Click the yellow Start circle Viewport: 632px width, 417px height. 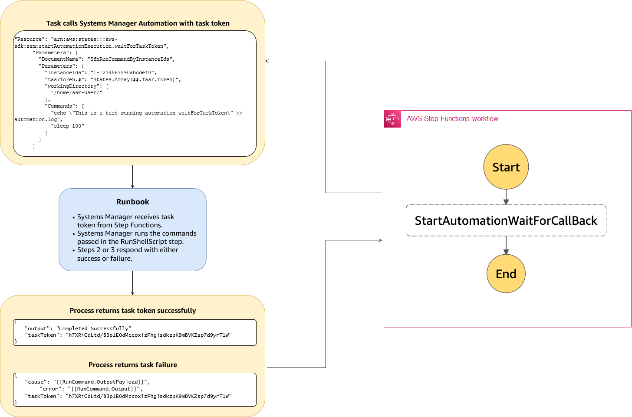pyautogui.click(x=506, y=167)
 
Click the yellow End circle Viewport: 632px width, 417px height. pyautogui.click(x=506, y=274)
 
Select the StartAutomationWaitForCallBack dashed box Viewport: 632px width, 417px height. pyautogui.click(x=506, y=220)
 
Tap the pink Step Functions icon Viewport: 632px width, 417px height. pyautogui.click(x=392, y=119)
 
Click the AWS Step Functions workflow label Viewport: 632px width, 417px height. pyautogui.click(x=452, y=119)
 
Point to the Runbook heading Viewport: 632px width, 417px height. pyautogui.click(x=132, y=202)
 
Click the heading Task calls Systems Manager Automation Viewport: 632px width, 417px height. pyautogui.click(x=138, y=23)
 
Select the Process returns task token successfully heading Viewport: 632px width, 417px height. pyautogui.click(x=132, y=311)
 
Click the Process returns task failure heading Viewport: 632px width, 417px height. pyautogui.click(x=132, y=365)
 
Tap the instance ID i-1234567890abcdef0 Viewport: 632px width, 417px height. pyautogui.click(x=123, y=73)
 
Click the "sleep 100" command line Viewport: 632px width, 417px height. pyautogui.click(x=67, y=126)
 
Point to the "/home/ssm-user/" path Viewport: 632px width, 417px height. pyautogui.click(x=76, y=93)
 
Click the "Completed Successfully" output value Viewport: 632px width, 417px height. pyautogui.click(x=94, y=328)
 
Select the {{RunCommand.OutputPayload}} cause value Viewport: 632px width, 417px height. pyautogui.click(x=101, y=382)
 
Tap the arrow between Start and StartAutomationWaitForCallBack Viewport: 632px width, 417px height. pyautogui.click(x=506, y=197)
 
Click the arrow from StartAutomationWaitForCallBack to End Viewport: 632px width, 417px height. pyautogui.click(x=506, y=246)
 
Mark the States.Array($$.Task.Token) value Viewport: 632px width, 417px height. pyautogui.click(x=135, y=80)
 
